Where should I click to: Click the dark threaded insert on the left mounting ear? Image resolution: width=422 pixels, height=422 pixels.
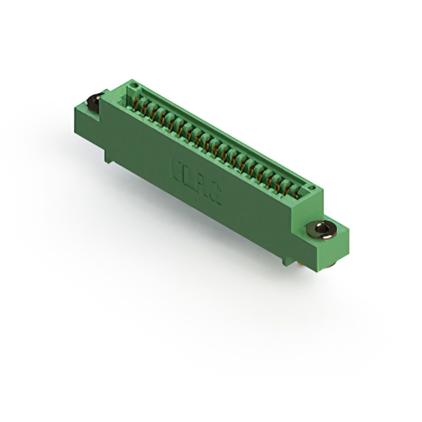point(92,102)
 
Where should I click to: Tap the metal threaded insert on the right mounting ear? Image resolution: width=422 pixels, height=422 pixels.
point(322,229)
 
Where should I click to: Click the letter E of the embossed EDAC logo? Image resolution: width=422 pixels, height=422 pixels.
point(176,165)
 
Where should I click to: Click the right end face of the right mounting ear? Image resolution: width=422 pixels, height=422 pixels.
point(343,244)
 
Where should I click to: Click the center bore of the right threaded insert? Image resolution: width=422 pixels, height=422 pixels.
point(322,229)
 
